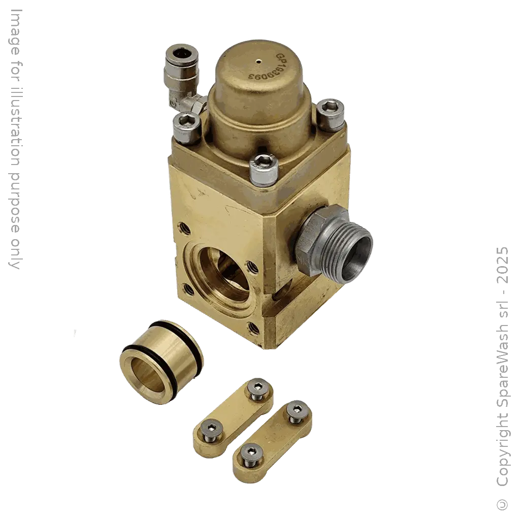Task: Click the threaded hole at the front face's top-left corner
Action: pyautogui.click(x=182, y=224)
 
